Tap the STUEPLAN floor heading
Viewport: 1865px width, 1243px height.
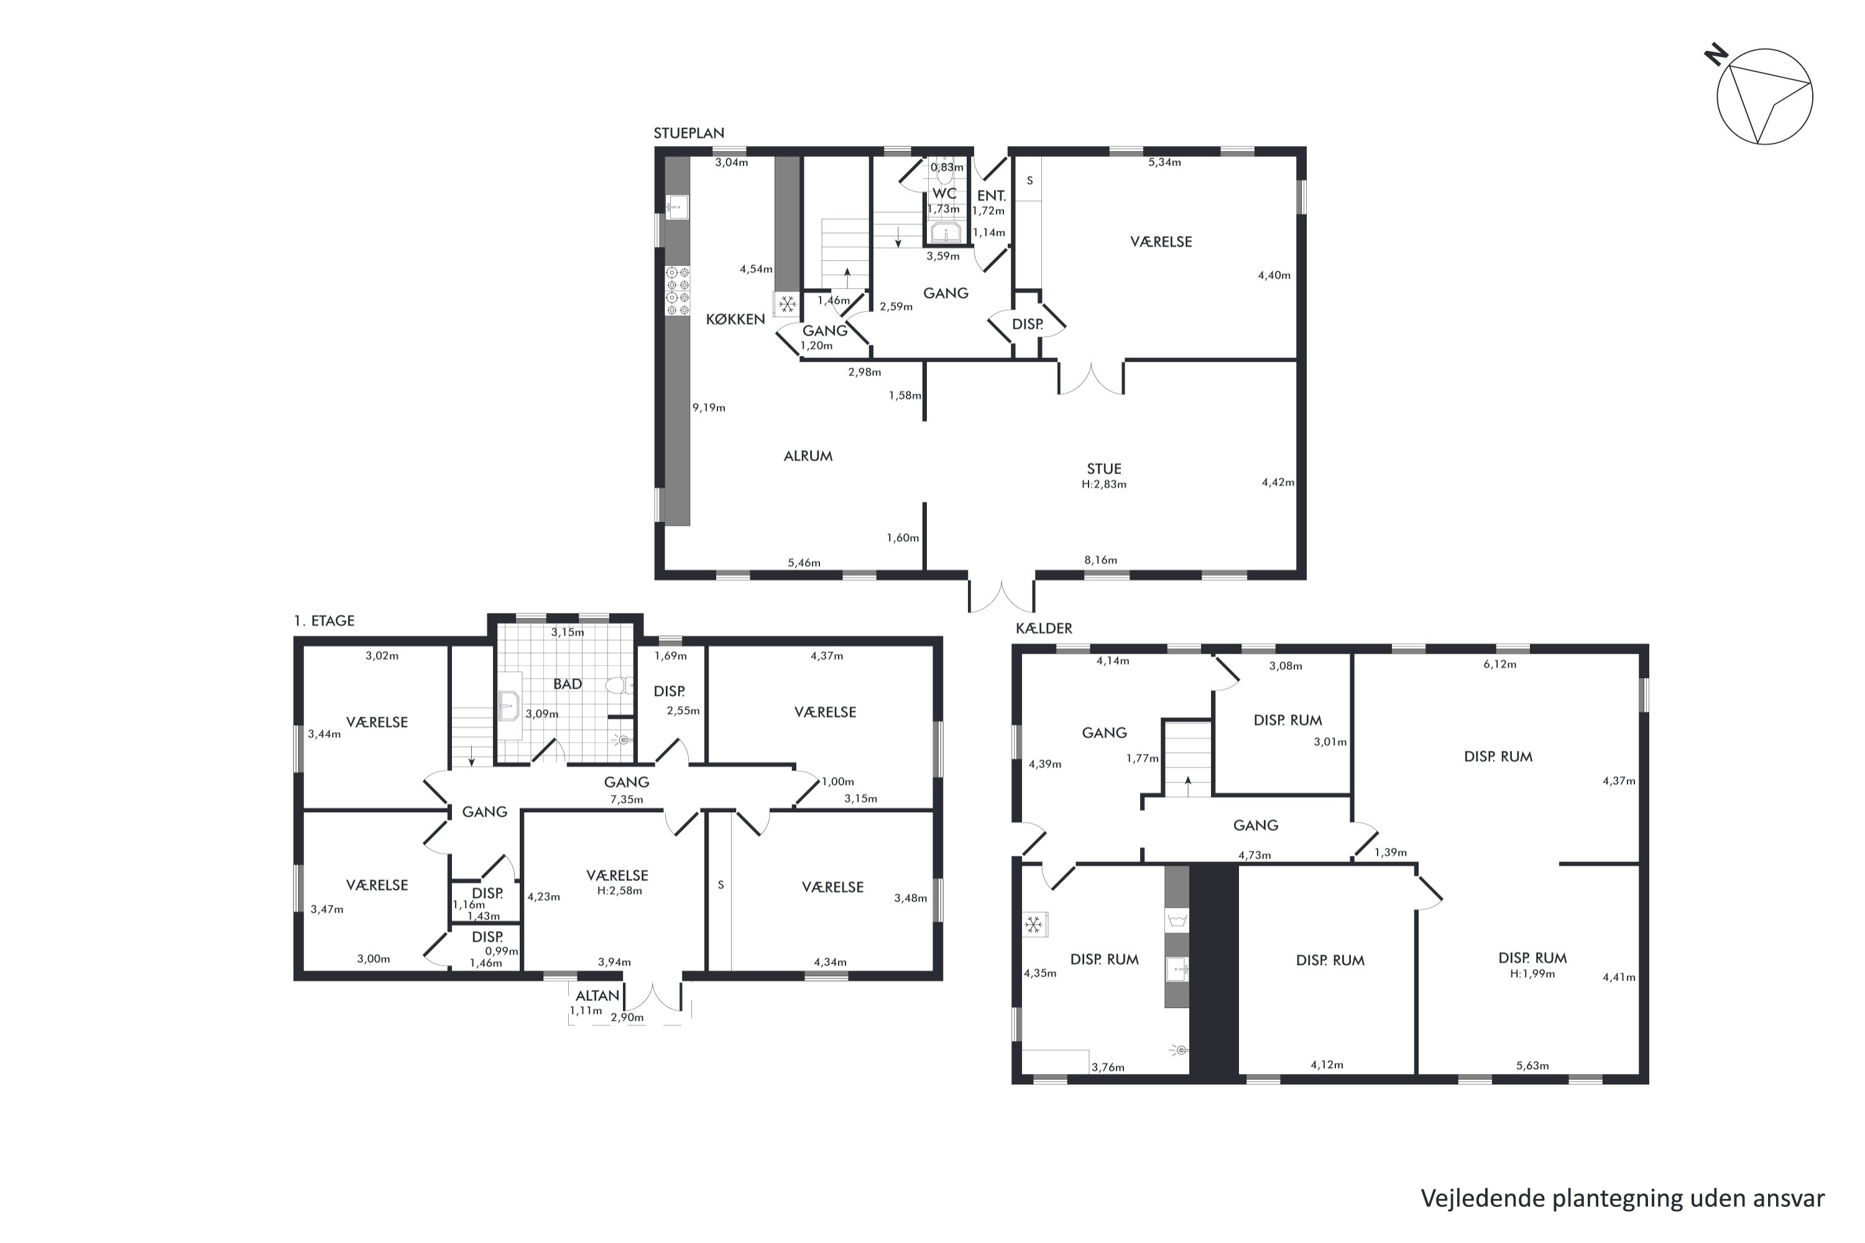tap(688, 133)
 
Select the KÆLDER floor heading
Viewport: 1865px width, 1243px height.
tap(1044, 628)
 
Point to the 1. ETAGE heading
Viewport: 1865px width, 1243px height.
tap(323, 621)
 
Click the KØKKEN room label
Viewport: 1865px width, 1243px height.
tap(735, 319)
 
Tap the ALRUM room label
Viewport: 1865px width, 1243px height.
tap(808, 456)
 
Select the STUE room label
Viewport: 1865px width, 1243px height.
tap(1104, 469)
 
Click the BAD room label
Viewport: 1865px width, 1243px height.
tap(568, 683)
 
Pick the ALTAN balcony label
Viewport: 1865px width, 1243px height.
tap(597, 996)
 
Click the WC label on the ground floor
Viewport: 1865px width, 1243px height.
tap(944, 193)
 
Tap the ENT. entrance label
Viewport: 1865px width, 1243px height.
tap(991, 196)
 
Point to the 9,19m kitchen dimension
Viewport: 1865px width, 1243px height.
tap(709, 408)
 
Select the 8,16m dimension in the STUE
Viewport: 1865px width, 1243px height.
tap(1100, 560)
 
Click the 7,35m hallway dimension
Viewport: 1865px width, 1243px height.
tap(627, 799)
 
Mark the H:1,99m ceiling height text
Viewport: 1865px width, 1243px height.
tap(1532, 973)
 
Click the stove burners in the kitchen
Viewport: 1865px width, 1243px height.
tap(677, 291)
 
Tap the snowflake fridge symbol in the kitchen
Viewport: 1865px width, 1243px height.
tap(786, 304)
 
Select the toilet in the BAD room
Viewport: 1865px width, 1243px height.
tap(619, 686)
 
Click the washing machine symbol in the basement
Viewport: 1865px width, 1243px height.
tap(1177, 920)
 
